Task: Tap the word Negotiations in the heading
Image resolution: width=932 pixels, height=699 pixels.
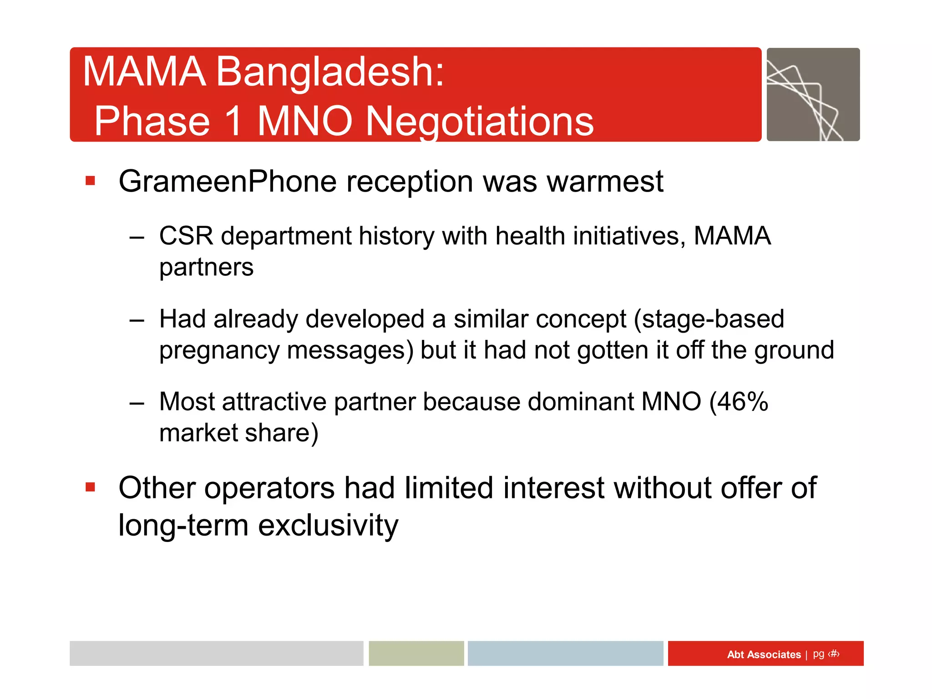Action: (x=480, y=122)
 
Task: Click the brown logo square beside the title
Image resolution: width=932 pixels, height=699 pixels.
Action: (x=813, y=95)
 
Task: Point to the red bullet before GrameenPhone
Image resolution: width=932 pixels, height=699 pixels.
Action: (x=90, y=181)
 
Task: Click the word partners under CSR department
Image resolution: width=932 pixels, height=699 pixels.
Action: (x=206, y=267)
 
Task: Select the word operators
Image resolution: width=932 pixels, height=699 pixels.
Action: (x=269, y=488)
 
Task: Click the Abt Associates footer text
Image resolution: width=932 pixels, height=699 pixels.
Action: (x=764, y=654)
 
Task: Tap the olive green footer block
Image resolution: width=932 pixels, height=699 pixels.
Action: (x=416, y=653)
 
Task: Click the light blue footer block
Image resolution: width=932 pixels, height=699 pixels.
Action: (x=565, y=653)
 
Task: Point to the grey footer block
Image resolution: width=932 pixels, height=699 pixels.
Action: (x=216, y=653)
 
